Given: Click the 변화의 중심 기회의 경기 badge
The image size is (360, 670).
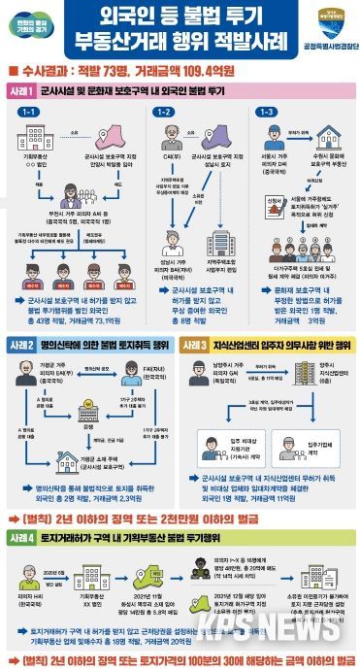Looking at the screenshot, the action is pos(32,27).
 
